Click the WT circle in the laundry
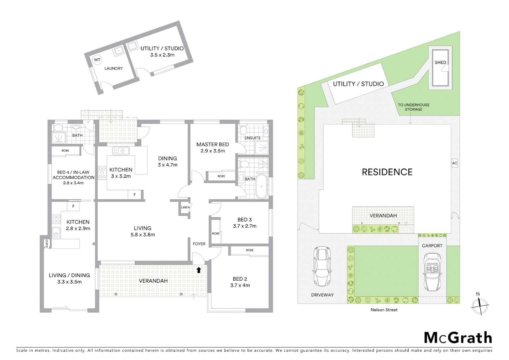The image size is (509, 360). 97,60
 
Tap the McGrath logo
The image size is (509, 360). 458,338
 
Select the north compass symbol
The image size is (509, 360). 479,304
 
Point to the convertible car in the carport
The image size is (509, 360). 432,272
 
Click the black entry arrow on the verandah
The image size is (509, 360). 199,270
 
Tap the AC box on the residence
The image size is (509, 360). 455,163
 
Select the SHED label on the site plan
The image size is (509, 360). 440,62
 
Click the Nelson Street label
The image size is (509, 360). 384,310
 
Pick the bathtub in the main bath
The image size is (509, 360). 261,186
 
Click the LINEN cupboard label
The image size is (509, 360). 185,207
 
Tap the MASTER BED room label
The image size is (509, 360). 213,144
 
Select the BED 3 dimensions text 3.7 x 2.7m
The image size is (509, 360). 245,226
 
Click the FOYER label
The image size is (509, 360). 199,244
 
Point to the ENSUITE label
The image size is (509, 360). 252,138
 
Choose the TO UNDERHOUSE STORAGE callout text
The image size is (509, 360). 413,107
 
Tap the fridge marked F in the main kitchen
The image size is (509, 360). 135,195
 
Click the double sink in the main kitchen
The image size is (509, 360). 121,151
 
